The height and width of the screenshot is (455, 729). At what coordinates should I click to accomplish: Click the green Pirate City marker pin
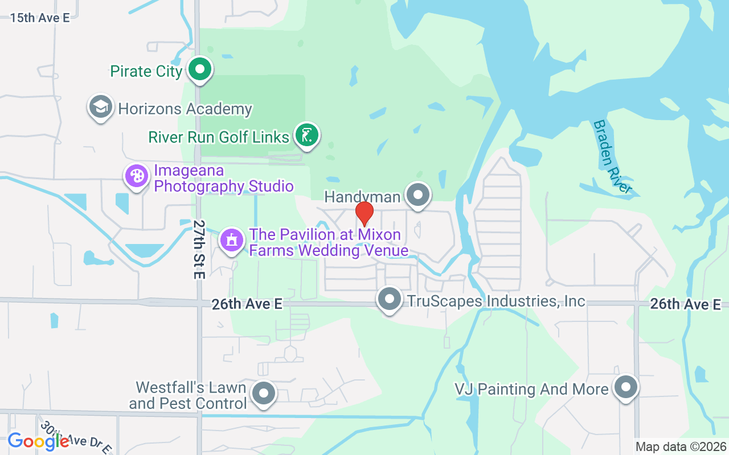199,70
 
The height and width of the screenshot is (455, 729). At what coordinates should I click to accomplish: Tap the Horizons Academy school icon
101,107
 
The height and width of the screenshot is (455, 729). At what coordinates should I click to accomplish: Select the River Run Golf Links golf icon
307,135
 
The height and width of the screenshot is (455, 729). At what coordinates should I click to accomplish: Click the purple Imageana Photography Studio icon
137,176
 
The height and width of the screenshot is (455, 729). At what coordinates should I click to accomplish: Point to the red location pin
364,214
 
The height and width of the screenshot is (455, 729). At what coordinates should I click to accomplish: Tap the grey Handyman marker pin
419,195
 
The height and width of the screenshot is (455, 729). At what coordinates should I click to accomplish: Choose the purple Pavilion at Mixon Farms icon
231,240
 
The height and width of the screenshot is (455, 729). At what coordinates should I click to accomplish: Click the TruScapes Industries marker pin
390,299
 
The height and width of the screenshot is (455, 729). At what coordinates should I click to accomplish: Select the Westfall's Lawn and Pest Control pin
264,393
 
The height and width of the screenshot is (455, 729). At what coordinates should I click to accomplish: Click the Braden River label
612,157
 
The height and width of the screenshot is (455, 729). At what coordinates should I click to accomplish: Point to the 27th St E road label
198,249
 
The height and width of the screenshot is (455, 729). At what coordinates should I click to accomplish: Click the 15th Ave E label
40,18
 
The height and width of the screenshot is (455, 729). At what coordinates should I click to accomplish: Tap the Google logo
38,442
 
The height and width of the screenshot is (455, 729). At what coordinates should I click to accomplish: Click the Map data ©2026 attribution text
681,446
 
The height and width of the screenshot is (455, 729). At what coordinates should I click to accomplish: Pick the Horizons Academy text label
185,109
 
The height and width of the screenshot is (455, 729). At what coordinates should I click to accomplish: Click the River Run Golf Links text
219,137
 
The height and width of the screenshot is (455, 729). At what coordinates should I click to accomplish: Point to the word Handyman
362,197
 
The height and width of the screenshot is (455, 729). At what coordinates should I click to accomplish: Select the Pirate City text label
146,72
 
